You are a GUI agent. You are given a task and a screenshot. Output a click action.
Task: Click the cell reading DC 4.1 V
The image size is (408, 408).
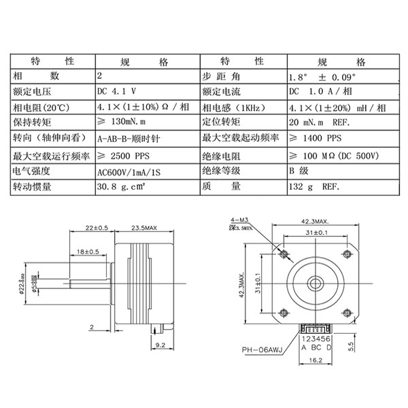(x=119, y=92)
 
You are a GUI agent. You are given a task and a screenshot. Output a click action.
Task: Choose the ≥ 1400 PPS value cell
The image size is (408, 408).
(x=312, y=139)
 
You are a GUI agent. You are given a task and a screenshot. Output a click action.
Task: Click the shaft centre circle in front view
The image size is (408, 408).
(x=316, y=281)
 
